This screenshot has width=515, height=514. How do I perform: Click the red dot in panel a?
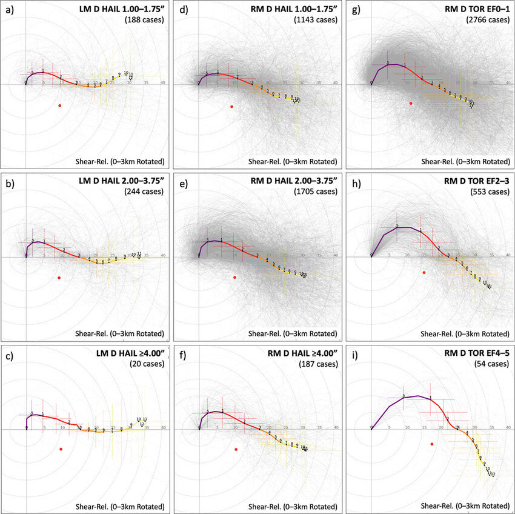click(59, 105)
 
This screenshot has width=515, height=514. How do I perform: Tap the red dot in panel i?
click(431, 444)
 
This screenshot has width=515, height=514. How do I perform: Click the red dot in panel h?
click(424, 273)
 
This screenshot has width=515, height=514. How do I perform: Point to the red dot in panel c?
click(61, 449)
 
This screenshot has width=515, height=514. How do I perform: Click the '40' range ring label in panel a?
click(162, 82)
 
